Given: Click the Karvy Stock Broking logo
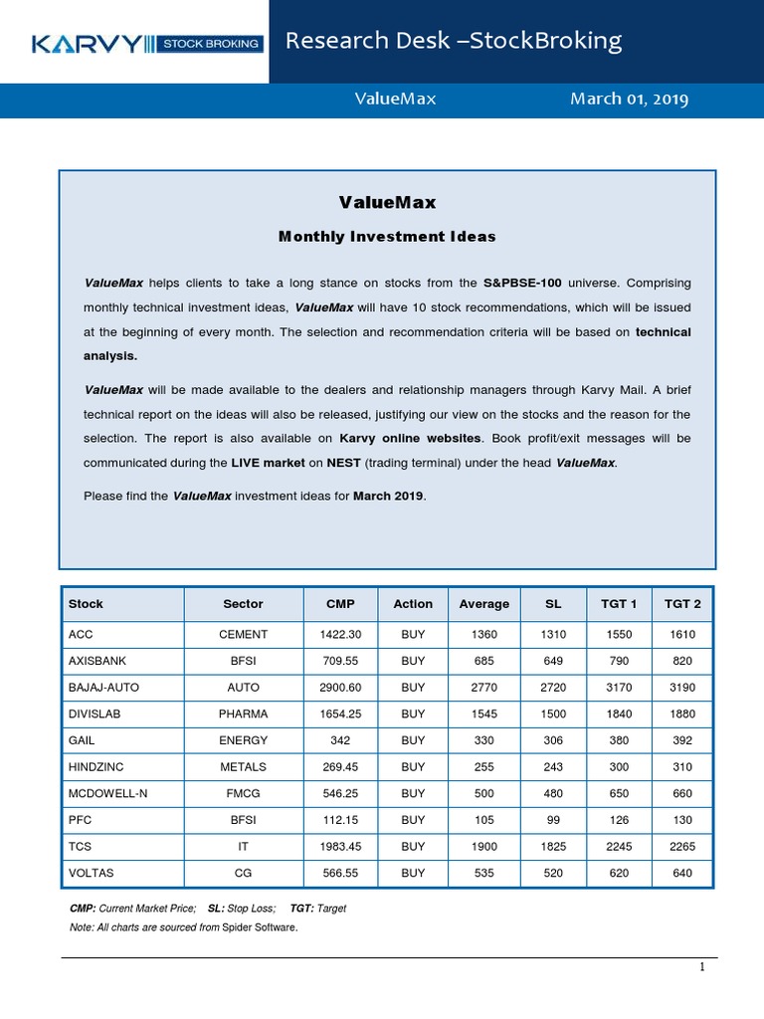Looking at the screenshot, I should coord(147,43).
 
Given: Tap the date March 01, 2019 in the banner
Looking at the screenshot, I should coord(629,100).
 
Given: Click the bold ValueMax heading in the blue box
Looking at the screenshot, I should coord(387,202).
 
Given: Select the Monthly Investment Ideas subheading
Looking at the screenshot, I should coord(387,237).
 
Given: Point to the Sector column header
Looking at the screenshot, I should coord(243,604).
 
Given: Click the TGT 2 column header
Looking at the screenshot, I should coord(682,604).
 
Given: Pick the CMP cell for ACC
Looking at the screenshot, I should coord(340,634).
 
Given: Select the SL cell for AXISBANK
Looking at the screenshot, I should coord(553,660).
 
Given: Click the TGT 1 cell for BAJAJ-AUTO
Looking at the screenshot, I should coord(620,687).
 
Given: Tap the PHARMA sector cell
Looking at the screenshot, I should coord(243,713).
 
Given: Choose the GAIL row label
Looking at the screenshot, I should coord(83,740).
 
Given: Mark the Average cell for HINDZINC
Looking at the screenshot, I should coord(483,767).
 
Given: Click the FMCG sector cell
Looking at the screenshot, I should coord(243,793).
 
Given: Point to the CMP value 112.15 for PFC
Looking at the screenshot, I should coord(340,820).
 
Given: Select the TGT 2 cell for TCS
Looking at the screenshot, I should coord(682,847).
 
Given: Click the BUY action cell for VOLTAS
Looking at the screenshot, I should coord(413,873).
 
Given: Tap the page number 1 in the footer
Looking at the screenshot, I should coord(701,967).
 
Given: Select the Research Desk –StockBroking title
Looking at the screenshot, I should coord(454,41).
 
